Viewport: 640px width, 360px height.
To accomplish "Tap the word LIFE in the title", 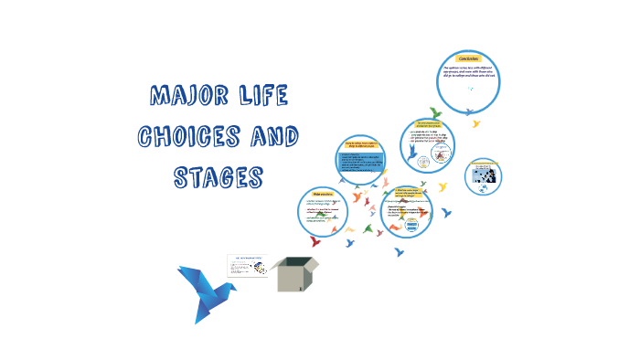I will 258,96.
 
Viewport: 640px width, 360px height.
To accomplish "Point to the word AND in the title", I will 271,136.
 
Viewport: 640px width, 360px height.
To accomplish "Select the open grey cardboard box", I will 297,274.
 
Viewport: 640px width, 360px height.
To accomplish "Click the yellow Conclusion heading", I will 475,58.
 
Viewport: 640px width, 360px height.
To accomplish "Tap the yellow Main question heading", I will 322,195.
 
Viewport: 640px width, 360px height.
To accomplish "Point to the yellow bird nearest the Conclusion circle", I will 475,122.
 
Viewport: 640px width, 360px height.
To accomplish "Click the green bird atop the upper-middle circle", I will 436,113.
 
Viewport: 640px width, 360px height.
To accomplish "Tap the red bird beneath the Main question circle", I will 315,241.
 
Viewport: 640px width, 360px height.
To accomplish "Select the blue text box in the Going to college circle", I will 364,163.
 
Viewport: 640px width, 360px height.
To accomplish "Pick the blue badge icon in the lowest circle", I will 411,227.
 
